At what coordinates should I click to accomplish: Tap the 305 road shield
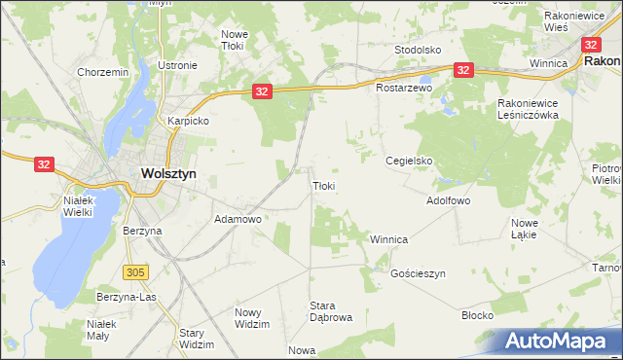[134, 270]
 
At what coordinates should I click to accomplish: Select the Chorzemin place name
[102, 72]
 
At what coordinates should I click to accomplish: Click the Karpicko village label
[189, 122]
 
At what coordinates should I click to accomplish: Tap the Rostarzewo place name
[403, 88]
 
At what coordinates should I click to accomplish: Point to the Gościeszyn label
[418, 274]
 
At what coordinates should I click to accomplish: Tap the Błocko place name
[477, 316]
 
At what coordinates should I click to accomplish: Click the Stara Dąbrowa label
[330, 311]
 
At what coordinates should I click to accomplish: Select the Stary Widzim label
[197, 339]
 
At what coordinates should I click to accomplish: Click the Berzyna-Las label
[126, 297]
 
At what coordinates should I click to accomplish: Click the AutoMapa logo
[560, 342]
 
